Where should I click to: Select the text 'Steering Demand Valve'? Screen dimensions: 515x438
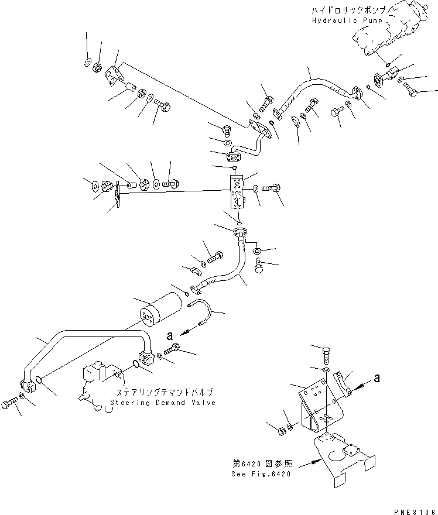coord(162,403)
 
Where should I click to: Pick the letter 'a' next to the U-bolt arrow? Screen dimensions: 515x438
coord(169,337)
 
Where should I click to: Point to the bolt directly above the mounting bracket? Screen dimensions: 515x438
coord(327,353)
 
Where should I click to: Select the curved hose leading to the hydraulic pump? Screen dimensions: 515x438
coord(316,88)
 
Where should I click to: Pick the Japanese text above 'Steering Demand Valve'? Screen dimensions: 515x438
coord(163,393)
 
